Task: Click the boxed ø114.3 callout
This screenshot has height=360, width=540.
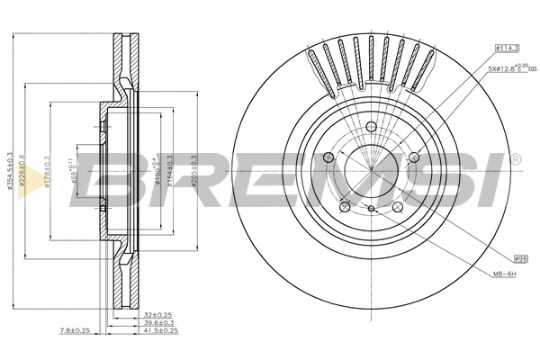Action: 507,47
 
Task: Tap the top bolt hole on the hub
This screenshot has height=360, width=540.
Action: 371,126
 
